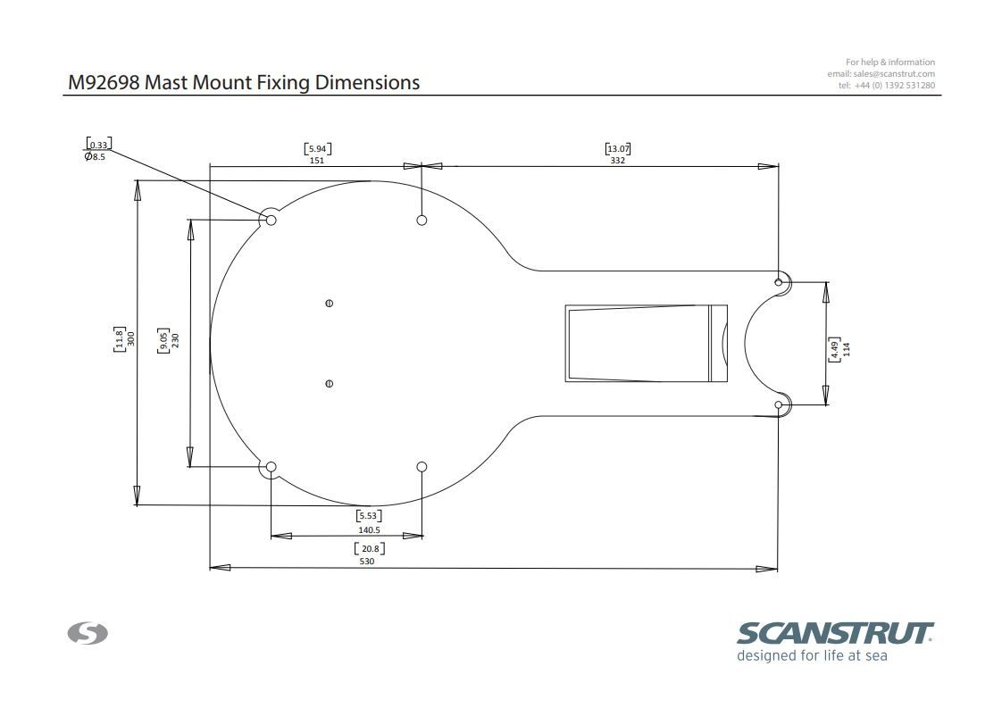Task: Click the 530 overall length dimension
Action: point(367,562)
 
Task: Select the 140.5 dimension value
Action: point(369,529)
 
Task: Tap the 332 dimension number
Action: point(617,161)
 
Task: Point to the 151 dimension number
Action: point(317,161)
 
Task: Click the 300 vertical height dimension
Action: point(130,338)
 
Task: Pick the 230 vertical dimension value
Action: point(175,340)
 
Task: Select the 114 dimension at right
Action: point(847,348)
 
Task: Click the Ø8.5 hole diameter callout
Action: point(96,156)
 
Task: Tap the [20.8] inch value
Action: point(369,548)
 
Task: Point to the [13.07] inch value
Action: point(617,148)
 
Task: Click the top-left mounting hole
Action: point(271,220)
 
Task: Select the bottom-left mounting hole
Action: point(271,467)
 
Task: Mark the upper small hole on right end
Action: point(779,283)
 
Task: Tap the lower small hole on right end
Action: point(779,405)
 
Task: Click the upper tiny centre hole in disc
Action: point(330,304)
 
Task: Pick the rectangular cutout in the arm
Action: point(645,343)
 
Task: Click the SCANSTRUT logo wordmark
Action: point(834,634)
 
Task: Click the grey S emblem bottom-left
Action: point(88,634)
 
